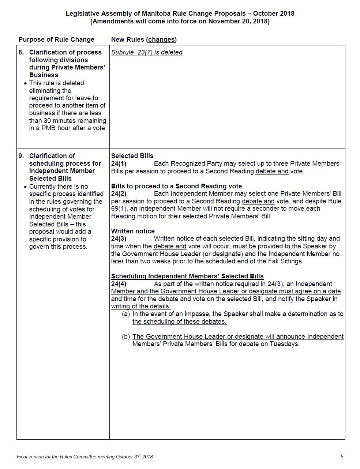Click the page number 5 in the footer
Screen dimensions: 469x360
click(x=342, y=457)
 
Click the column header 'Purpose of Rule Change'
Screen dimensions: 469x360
click(x=56, y=40)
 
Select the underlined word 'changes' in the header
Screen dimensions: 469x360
click(x=161, y=40)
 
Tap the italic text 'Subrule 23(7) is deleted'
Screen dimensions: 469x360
click(x=147, y=52)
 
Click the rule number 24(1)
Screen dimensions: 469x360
click(x=119, y=164)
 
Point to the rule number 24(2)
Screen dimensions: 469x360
click(x=119, y=194)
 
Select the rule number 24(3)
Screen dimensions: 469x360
click(x=119, y=239)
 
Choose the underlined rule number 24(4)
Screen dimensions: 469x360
click(x=119, y=284)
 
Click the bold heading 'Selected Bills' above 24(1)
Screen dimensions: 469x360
click(x=132, y=156)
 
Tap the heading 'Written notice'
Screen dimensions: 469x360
click(x=133, y=231)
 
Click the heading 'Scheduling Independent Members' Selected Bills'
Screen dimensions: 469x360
click(x=187, y=276)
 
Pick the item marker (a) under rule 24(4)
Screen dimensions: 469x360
click(x=126, y=314)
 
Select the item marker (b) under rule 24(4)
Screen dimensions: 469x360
click(x=126, y=337)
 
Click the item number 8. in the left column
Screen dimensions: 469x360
click(x=21, y=52)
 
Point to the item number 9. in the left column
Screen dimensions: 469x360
click(x=21, y=156)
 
